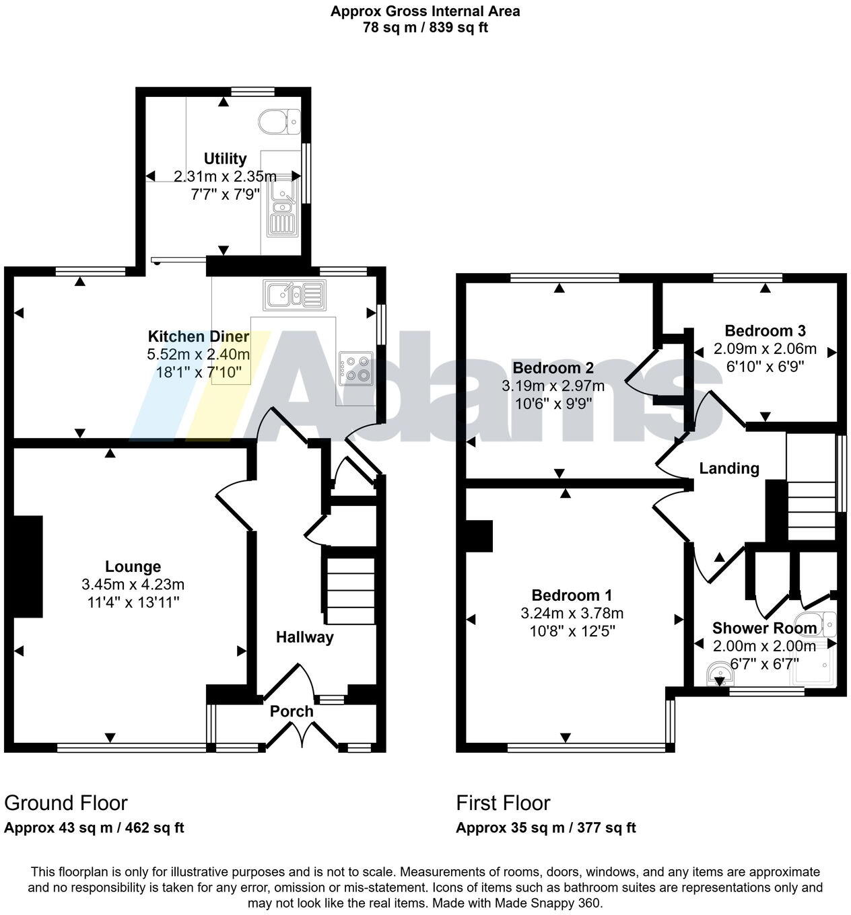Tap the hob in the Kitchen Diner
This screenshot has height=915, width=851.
point(355,367)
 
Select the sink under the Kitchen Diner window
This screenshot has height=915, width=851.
point(294,294)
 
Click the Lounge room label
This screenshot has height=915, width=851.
point(133,566)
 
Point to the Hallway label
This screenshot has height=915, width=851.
point(304,636)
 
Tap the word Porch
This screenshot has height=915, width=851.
point(292,711)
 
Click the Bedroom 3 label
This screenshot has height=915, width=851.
point(765,330)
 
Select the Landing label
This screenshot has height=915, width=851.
point(728,468)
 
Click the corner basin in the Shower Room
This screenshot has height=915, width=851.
point(719,675)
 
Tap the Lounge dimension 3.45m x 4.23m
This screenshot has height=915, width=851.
point(133,584)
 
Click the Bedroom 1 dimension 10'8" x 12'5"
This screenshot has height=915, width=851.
point(572,631)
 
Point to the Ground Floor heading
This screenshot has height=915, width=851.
point(66,803)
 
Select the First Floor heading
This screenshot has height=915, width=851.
point(503,803)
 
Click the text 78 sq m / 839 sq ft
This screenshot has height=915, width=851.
point(425,28)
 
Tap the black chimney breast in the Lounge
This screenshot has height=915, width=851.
point(27,566)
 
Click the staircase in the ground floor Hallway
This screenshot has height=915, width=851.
point(350,585)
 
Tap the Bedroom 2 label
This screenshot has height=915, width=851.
point(553,368)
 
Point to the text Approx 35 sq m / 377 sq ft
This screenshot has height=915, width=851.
point(545,828)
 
